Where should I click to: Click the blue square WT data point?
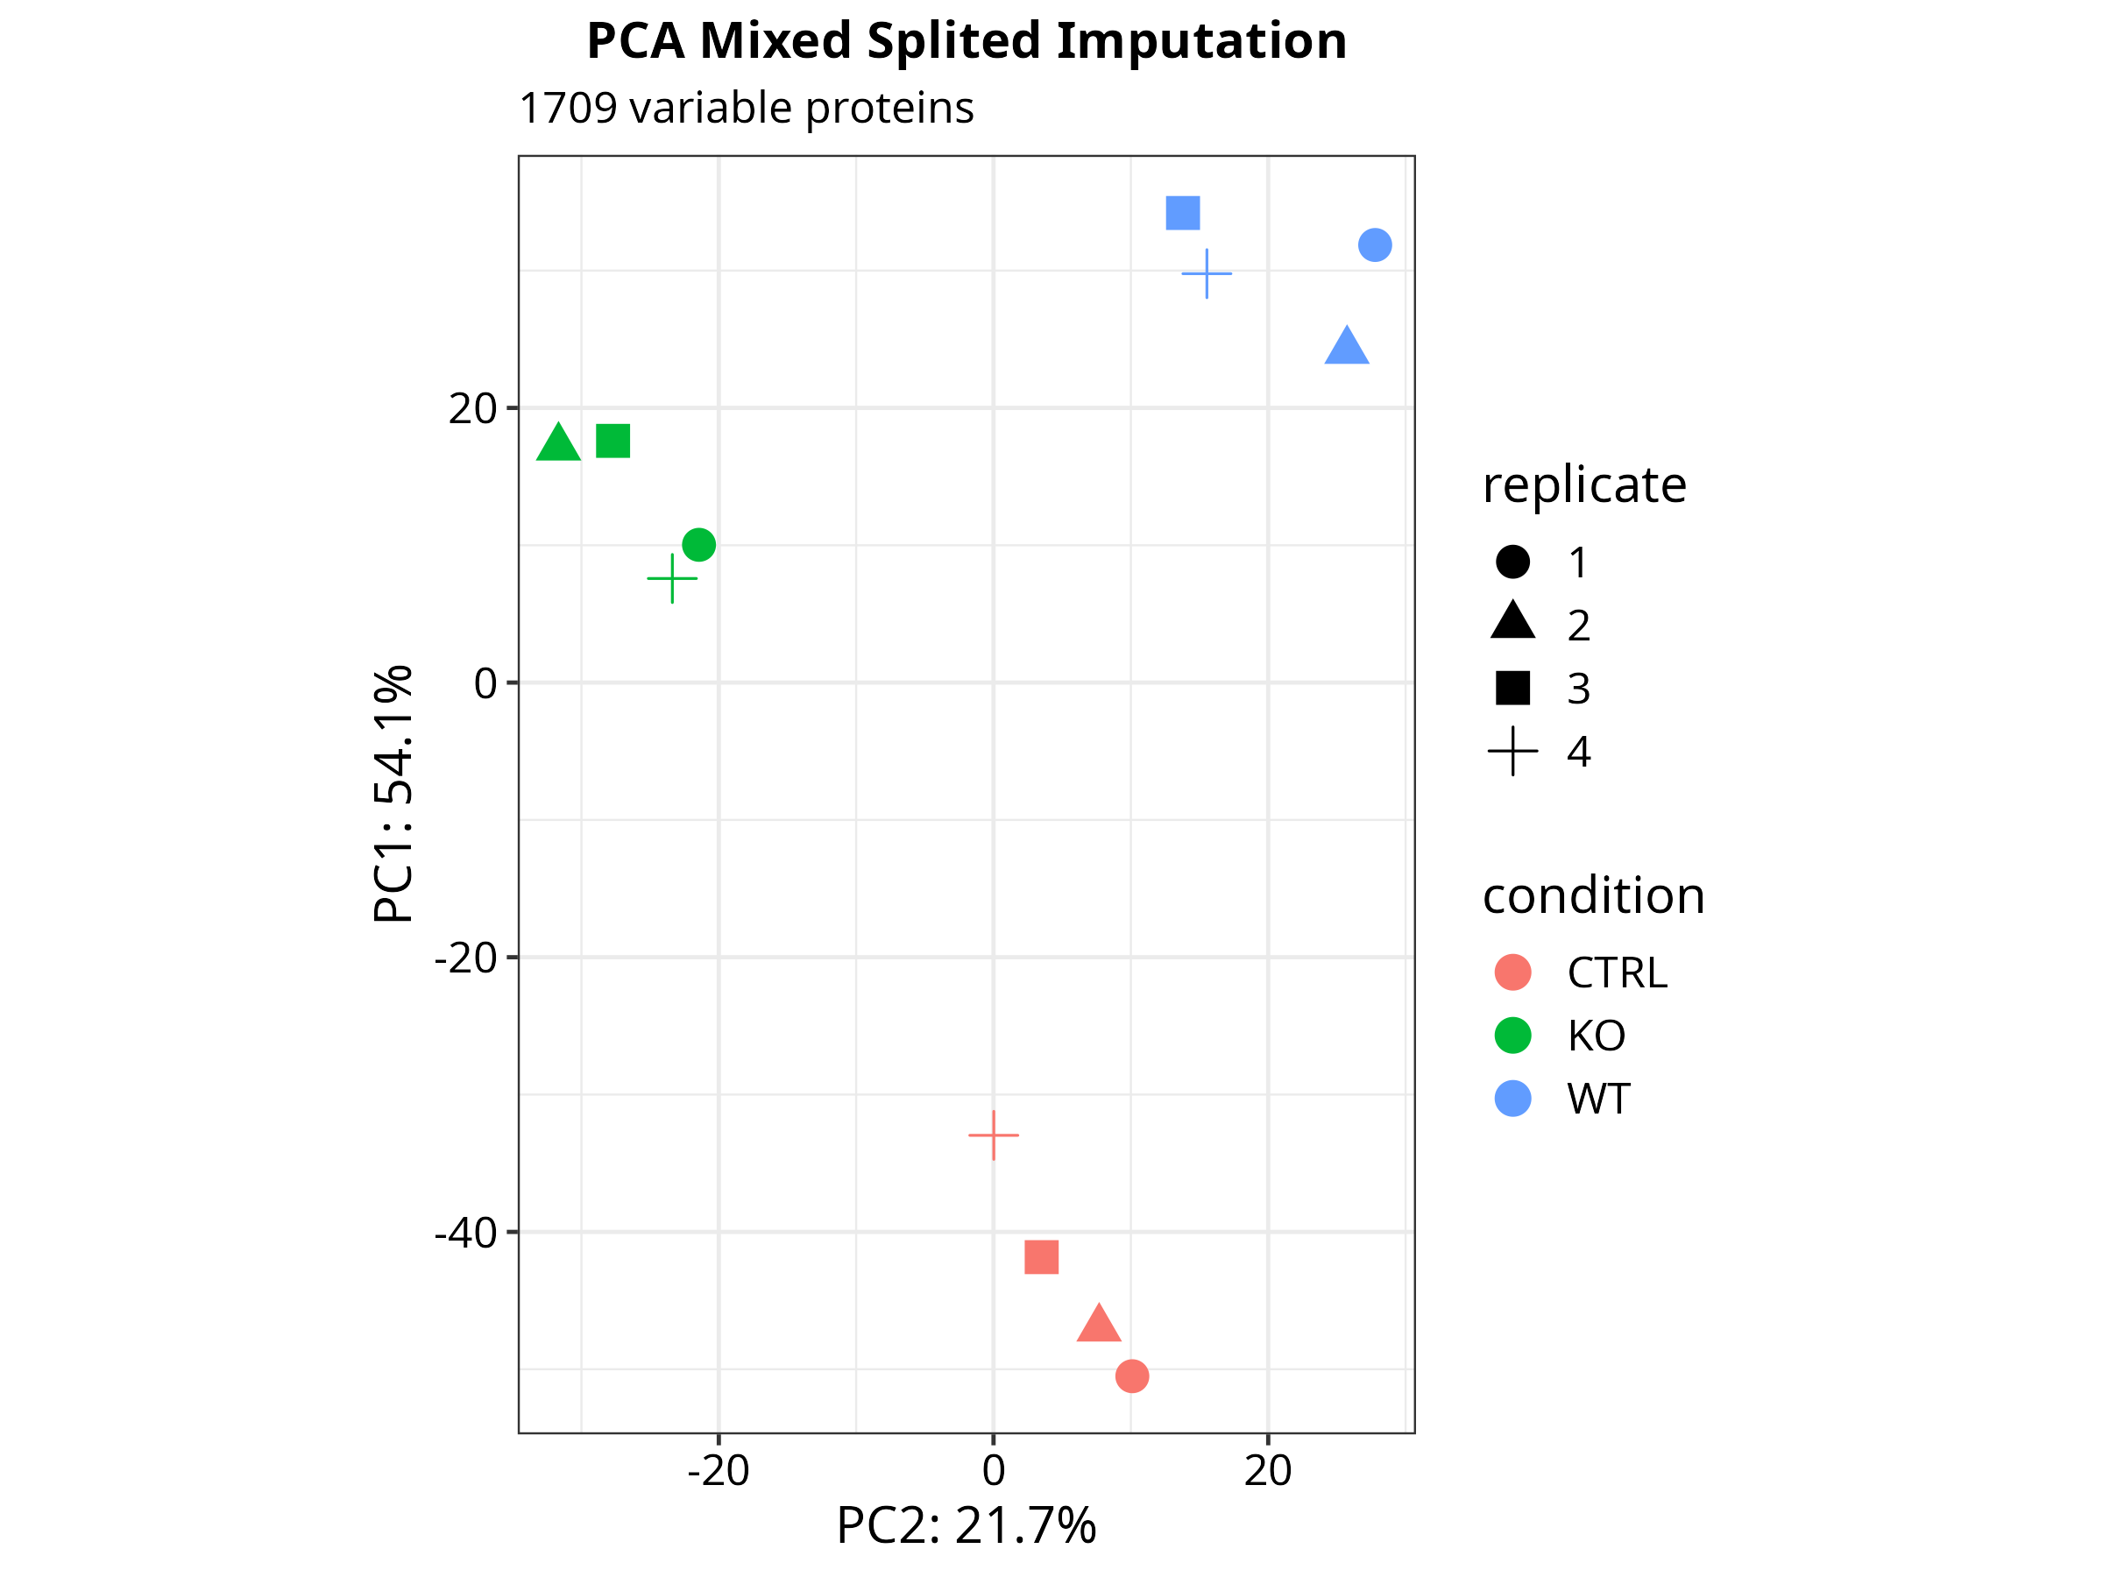point(1183,213)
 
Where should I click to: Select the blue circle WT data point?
point(1375,245)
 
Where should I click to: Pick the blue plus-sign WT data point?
point(1207,273)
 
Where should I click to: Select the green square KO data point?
point(613,441)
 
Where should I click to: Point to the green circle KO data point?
point(698,545)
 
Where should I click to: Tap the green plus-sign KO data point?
point(672,578)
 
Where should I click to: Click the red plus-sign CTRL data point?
point(994,1135)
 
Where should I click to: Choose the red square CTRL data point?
point(1042,1257)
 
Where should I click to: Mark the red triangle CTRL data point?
point(1098,1325)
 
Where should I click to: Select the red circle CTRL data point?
point(1131,1375)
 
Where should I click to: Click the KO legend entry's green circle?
point(1512,1036)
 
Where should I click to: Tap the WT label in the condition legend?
point(1598,1099)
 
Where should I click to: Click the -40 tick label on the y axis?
point(465,1233)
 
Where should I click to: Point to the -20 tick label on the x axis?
point(718,1470)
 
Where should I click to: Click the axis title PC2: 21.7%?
point(966,1525)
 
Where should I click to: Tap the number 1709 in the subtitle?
point(568,108)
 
